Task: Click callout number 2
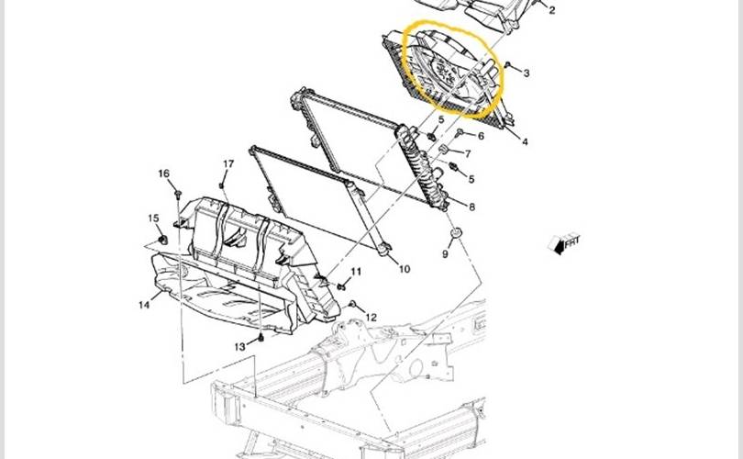click(x=551, y=10)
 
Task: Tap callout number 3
click(x=526, y=73)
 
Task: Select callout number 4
click(x=525, y=141)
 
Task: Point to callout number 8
click(x=471, y=207)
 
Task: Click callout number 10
click(x=405, y=269)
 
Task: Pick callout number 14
click(x=144, y=305)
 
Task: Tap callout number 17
click(x=228, y=163)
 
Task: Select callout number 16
click(x=163, y=174)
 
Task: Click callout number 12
click(x=371, y=318)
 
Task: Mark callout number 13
click(x=239, y=347)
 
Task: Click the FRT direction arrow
click(x=564, y=243)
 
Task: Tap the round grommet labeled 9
click(x=455, y=234)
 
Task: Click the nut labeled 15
click(x=162, y=239)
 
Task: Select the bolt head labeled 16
click(x=178, y=194)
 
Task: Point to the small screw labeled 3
click(x=507, y=64)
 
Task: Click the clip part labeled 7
click(x=444, y=150)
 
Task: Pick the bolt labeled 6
click(x=460, y=132)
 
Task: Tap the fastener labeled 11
click(x=341, y=286)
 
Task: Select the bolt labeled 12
click(x=352, y=304)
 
